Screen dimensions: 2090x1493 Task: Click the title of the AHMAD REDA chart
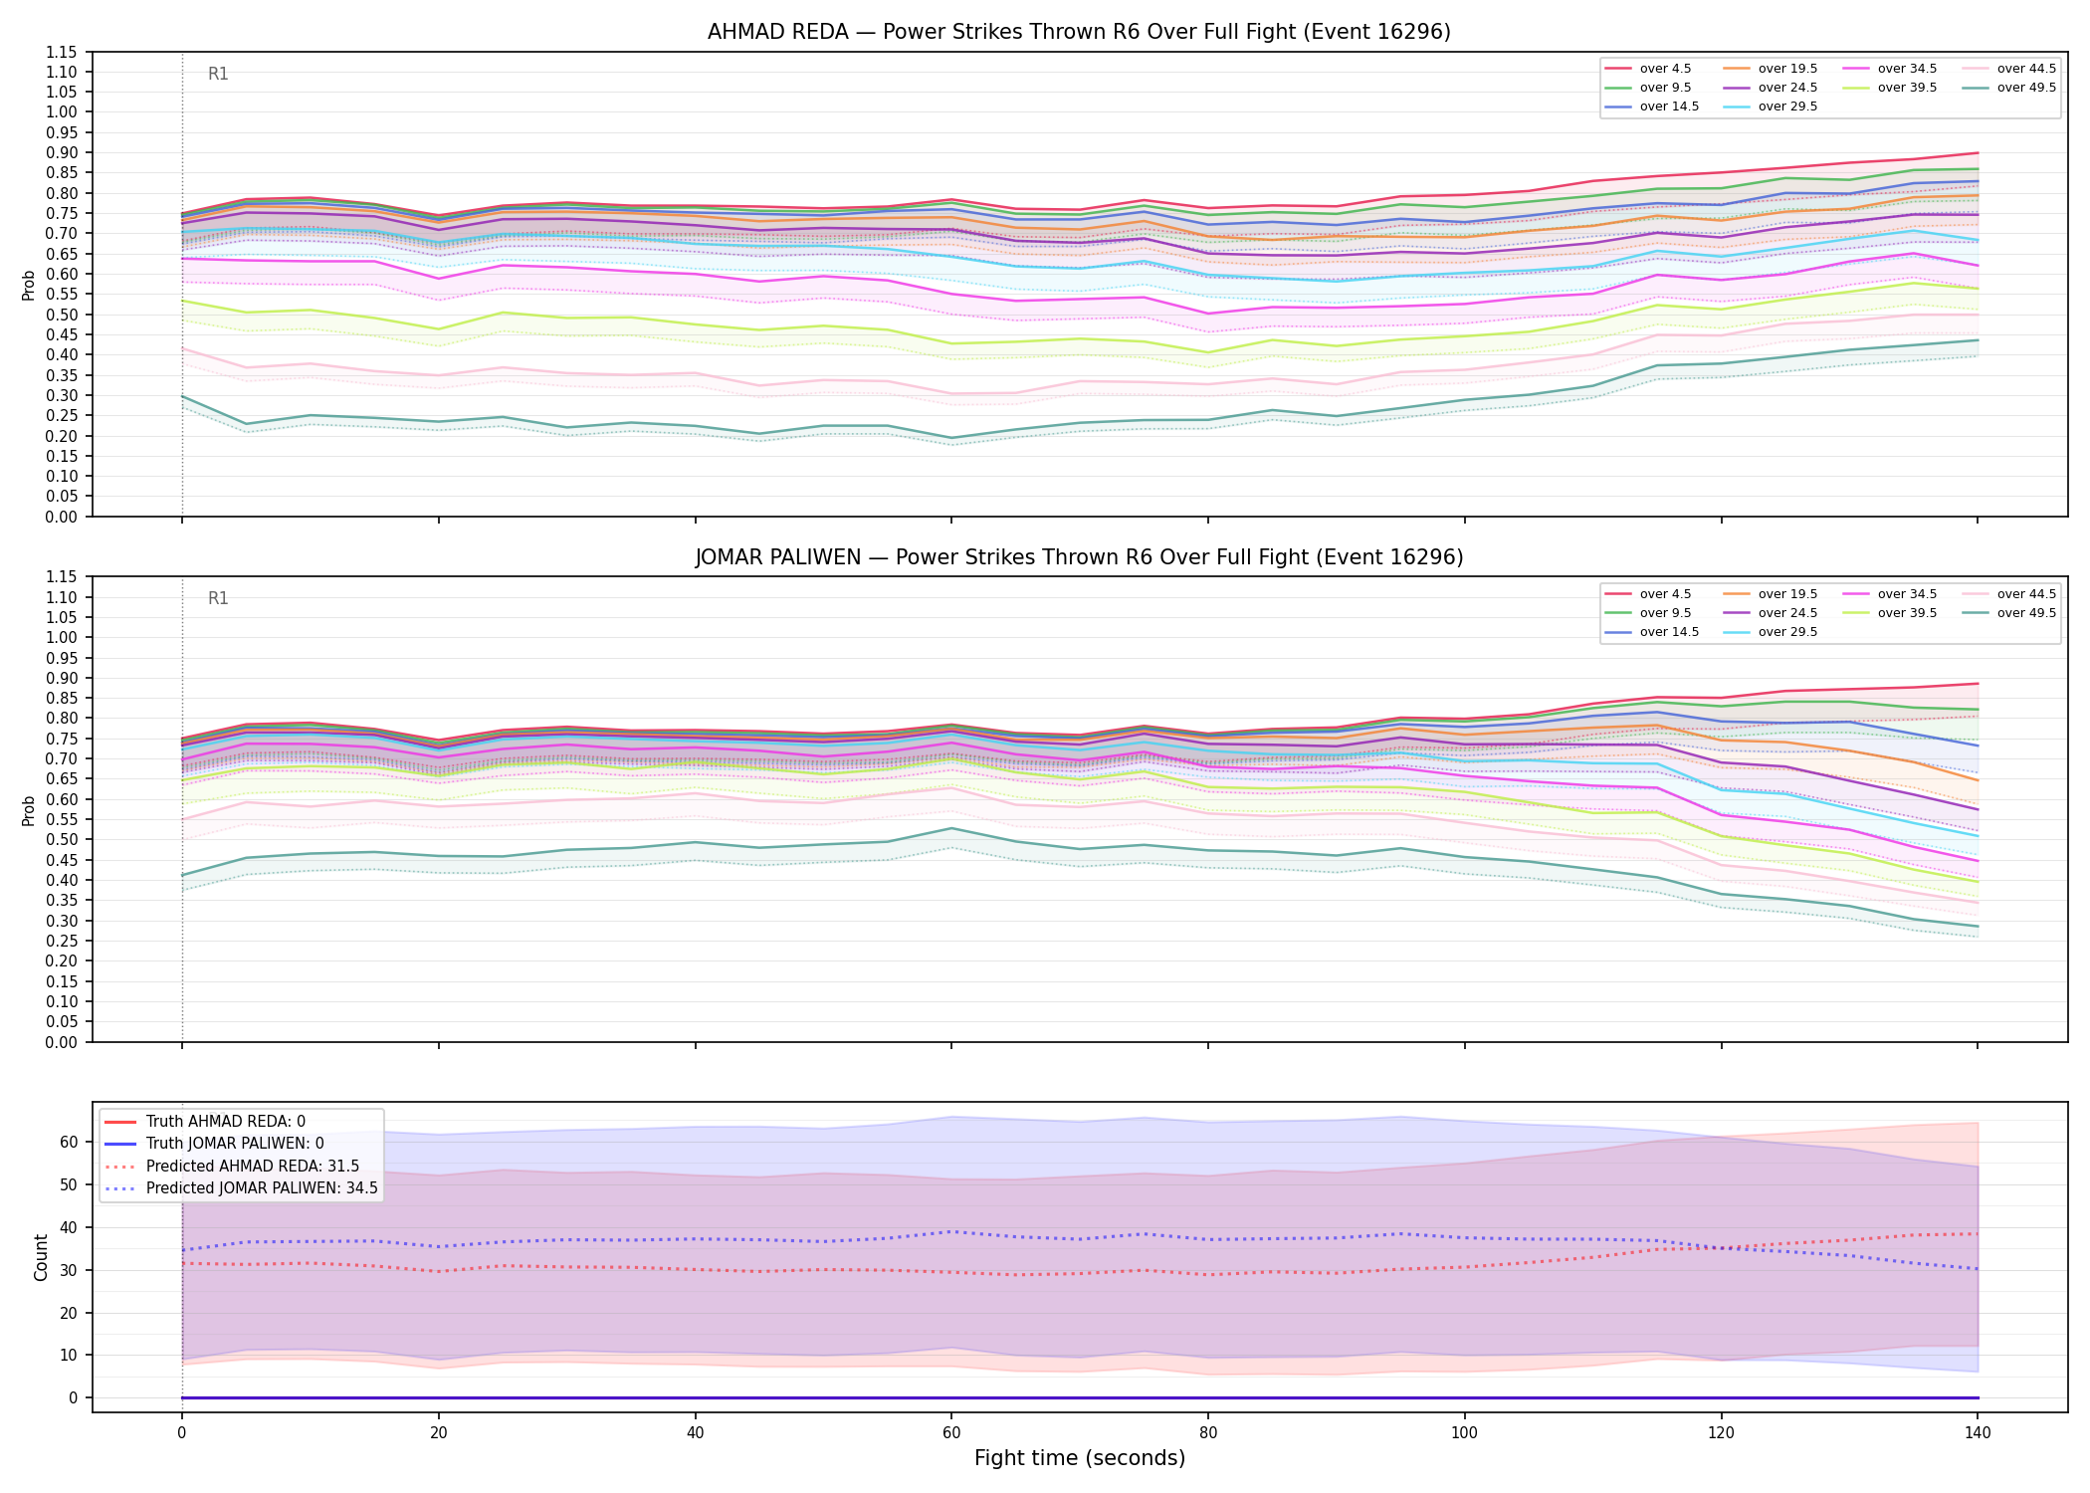coord(1079,32)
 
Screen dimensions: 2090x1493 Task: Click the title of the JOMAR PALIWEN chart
coord(1079,557)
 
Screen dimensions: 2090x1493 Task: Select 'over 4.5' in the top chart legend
coord(1665,69)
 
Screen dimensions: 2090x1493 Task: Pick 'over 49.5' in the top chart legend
coord(2026,88)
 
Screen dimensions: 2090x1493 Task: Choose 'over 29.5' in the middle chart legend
coord(1787,632)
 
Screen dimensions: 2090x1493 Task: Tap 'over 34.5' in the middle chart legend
coord(1907,594)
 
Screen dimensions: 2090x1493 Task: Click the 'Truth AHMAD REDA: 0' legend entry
coord(226,1122)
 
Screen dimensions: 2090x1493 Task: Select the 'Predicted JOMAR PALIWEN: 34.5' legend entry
coord(262,1188)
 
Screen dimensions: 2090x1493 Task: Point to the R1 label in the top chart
coord(218,74)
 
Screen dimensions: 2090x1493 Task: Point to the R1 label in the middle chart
coord(218,598)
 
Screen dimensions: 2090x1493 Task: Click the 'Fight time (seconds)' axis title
coord(1080,1458)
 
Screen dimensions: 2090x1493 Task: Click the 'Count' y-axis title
coord(41,1257)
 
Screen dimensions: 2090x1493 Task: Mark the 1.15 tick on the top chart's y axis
coord(62,52)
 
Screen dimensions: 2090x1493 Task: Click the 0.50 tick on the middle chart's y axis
coord(62,839)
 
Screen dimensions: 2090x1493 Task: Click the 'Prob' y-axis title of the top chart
coord(28,286)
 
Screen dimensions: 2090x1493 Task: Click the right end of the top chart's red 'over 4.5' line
coord(1978,152)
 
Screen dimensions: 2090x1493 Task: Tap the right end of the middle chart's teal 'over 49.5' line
coord(1978,927)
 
